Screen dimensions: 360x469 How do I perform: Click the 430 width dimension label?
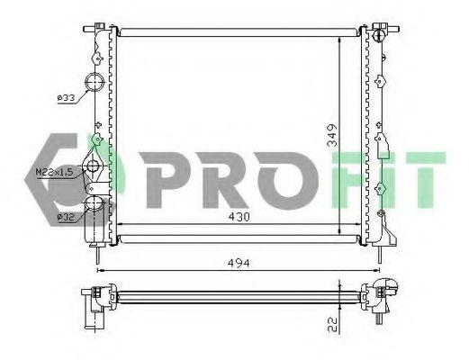[239, 218]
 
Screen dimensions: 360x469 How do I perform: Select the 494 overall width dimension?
[239, 262]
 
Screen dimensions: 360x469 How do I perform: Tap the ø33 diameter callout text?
[65, 97]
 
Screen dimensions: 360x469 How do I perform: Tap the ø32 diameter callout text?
[65, 216]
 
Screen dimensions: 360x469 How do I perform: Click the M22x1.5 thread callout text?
[54, 170]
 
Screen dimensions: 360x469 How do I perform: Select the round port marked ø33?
[95, 85]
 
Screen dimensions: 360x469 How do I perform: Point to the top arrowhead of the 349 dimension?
[338, 38]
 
